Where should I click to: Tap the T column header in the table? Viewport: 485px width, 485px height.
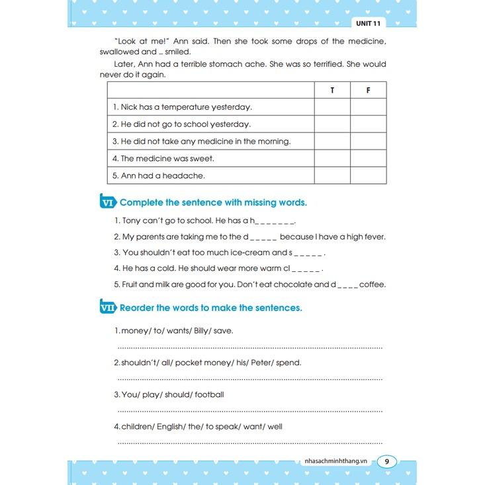332,90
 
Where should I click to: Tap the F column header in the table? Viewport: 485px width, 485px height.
368,90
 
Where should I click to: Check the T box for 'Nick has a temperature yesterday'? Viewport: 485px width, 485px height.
332,107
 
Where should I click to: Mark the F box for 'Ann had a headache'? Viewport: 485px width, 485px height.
368,176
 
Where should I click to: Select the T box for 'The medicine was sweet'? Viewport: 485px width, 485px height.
332,159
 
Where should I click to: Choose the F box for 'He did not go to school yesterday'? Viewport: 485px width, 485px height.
368,124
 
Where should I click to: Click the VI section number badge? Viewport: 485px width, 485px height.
108,202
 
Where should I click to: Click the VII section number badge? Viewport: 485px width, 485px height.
108,308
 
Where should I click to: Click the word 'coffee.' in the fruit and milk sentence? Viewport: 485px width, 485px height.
373,285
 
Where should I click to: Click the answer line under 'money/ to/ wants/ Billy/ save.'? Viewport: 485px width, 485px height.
249,347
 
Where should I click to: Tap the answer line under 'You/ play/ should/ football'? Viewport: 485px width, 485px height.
249,411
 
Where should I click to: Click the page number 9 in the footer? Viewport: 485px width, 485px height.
387,461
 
